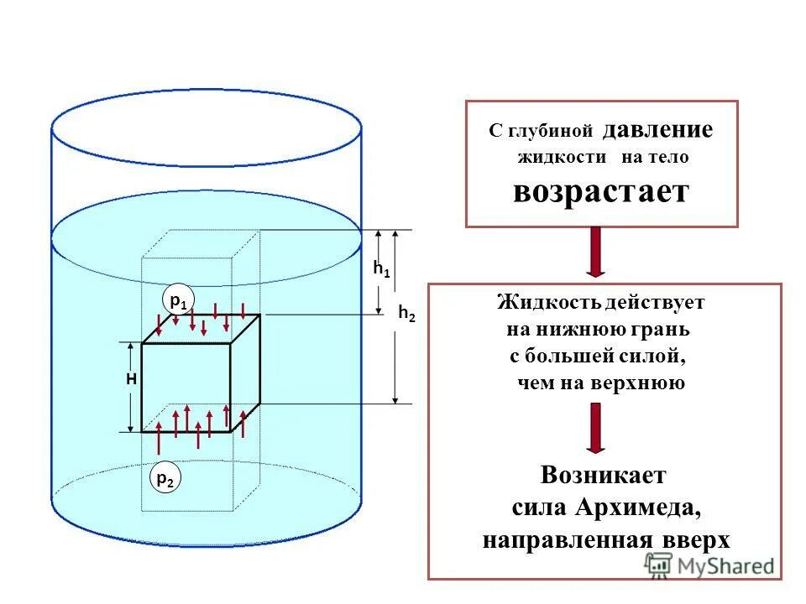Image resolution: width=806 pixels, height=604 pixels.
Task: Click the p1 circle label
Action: click(x=177, y=299)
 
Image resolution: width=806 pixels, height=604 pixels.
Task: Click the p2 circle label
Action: click(x=165, y=479)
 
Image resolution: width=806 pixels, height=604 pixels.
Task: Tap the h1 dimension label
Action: click(x=381, y=269)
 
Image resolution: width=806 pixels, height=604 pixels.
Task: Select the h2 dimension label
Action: click(x=406, y=314)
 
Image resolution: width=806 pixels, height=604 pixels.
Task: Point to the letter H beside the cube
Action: click(x=131, y=379)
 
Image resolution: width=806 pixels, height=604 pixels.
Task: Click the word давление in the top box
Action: click(x=657, y=130)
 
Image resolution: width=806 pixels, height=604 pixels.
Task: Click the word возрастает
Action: click(x=601, y=191)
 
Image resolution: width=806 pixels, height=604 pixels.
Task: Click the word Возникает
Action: click(x=604, y=476)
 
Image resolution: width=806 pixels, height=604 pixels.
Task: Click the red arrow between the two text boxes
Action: click(x=595, y=253)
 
